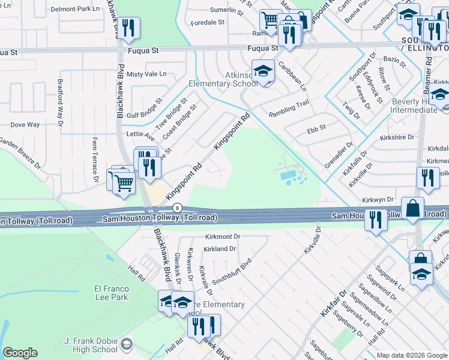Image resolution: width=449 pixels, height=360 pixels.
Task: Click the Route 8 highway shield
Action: click(176, 208)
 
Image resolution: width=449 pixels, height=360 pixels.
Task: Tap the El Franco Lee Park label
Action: click(111, 293)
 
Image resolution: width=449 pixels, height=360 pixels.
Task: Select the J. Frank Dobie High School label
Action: click(90, 346)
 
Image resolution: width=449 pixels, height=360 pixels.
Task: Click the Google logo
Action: click(20, 353)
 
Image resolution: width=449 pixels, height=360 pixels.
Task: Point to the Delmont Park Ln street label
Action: click(75, 9)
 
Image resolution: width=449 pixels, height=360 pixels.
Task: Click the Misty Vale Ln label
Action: click(146, 74)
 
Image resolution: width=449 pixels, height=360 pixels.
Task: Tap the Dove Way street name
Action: click(25, 125)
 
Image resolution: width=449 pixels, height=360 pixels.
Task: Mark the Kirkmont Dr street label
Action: click(222, 237)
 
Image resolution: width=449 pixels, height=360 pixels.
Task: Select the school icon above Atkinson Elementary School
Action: click(262, 71)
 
